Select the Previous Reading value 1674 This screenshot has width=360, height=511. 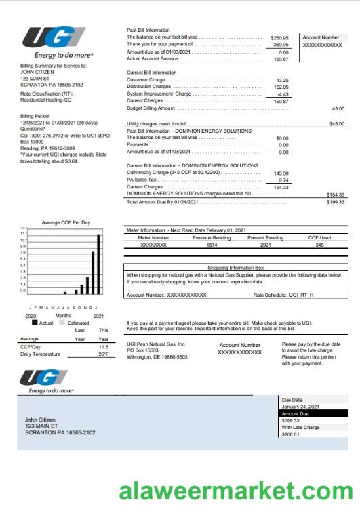(x=212, y=245)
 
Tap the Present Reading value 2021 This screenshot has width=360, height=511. (x=265, y=245)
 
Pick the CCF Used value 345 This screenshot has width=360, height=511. (x=319, y=245)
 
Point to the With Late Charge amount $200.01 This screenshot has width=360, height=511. (x=290, y=434)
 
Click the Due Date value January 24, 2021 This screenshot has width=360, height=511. (x=299, y=407)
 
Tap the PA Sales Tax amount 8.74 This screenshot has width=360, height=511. (x=283, y=180)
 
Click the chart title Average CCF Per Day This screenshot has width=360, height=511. (x=65, y=223)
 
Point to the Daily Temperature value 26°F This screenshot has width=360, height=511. (x=103, y=354)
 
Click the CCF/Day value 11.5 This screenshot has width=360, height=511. (x=103, y=346)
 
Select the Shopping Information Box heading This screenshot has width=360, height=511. (x=237, y=268)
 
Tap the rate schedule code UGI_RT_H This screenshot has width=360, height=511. (x=302, y=295)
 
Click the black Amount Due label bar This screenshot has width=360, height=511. (x=313, y=413)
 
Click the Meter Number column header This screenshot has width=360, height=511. (x=154, y=238)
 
